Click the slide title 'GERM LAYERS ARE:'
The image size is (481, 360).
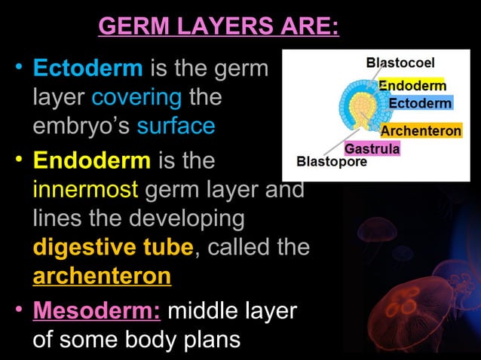point(219,28)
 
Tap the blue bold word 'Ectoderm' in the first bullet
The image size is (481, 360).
point(88,70)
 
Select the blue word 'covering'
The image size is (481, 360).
point(136,98)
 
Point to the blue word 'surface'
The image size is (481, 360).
point(176,126)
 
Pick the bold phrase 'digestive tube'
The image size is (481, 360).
point(113,247)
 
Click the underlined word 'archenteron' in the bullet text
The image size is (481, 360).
point(102,276)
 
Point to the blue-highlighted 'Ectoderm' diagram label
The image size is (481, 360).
point(420,102)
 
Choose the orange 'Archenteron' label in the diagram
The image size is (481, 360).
point(421,131)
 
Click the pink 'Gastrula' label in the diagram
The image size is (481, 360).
point(372,148)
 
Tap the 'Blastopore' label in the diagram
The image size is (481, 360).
point(332,161)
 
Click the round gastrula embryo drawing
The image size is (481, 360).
point(356,110)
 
